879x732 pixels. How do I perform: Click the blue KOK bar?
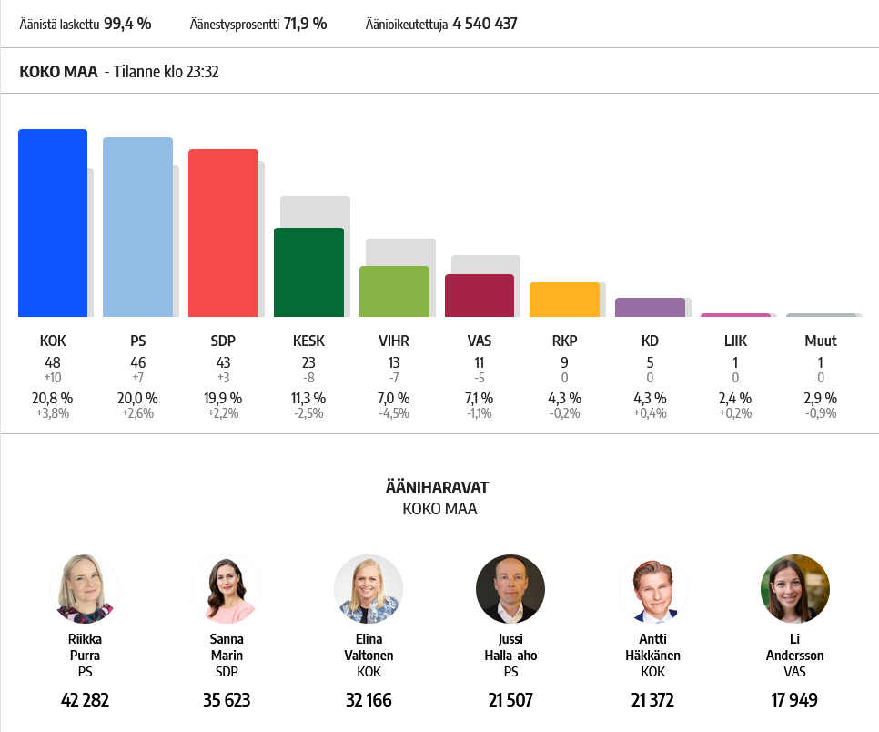[x=53, y=223]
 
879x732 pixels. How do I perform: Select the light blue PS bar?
[x=138, y=228]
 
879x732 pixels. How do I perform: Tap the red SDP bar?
[x=223, y=233]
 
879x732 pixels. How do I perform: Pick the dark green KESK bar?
[x=308, y=272]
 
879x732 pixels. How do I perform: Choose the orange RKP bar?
[x=564, y=300]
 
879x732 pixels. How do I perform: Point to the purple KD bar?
[x=651, y=308]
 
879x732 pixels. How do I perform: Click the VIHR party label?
[x=394, y=341]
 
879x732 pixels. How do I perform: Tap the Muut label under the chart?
[x=821, y=341]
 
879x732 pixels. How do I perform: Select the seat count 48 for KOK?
[x=53, y=363]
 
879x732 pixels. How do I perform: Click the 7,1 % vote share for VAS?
[x=480, y=398]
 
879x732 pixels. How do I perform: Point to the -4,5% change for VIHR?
[x=394, y=413]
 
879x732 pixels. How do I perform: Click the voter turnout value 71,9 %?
[x=305, y=24]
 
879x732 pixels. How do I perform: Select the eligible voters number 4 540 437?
[x=485, y=24]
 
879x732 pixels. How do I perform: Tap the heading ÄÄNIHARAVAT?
[x=438, y=487]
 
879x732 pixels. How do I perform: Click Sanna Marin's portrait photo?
[x=227, y=589]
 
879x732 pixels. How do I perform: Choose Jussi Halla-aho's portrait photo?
[x=510, y=589]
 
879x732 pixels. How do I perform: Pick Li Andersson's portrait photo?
[x=795, y=589]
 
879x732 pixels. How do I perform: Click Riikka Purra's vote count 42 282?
[x=86, y=700]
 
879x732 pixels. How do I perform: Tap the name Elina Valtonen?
[x=369, y=647]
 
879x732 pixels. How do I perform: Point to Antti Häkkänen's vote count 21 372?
[x=653, y=700]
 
